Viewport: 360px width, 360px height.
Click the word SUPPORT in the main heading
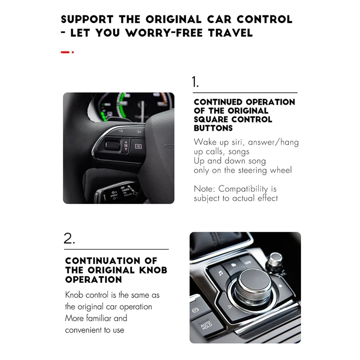[x=87, y=19]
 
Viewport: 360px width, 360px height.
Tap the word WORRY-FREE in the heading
[x=160, y=33]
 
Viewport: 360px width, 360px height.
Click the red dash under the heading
[x=66, y=52]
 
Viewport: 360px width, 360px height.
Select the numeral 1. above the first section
[x=195, y=82]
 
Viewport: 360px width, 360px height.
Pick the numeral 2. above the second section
[x=69, y=238]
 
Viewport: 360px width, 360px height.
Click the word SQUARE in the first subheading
[x=211, y=119]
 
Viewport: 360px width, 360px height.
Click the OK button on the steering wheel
[x=126, y=145]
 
